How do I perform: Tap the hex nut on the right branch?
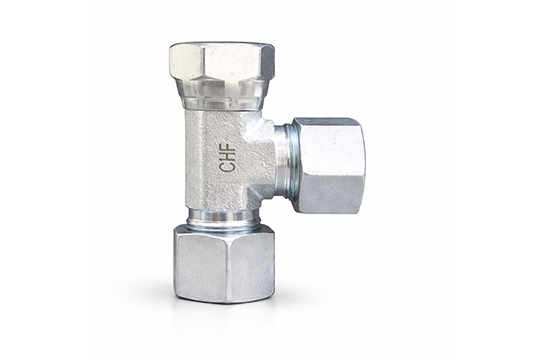pyautogui.click(x=328, y=164)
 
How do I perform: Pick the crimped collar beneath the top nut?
pyautogui.click(x=222, y=98)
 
